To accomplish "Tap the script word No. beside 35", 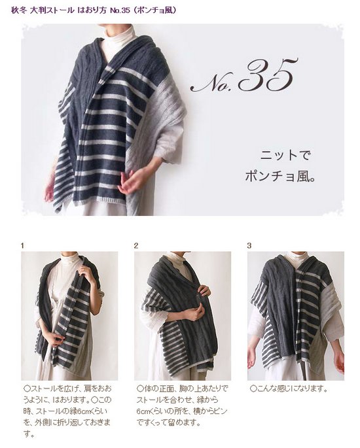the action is (x=213, y=83).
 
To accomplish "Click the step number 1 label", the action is (x=22, y=246).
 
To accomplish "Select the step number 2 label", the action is (x=136, y=246).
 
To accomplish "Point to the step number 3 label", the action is (x=249, y=246).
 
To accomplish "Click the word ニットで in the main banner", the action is (x=281, y=156).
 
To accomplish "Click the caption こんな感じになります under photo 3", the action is (x=288, y=388).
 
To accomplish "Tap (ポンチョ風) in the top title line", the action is (x=155, y=10).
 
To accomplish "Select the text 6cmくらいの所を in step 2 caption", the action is (x=168, y=411).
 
